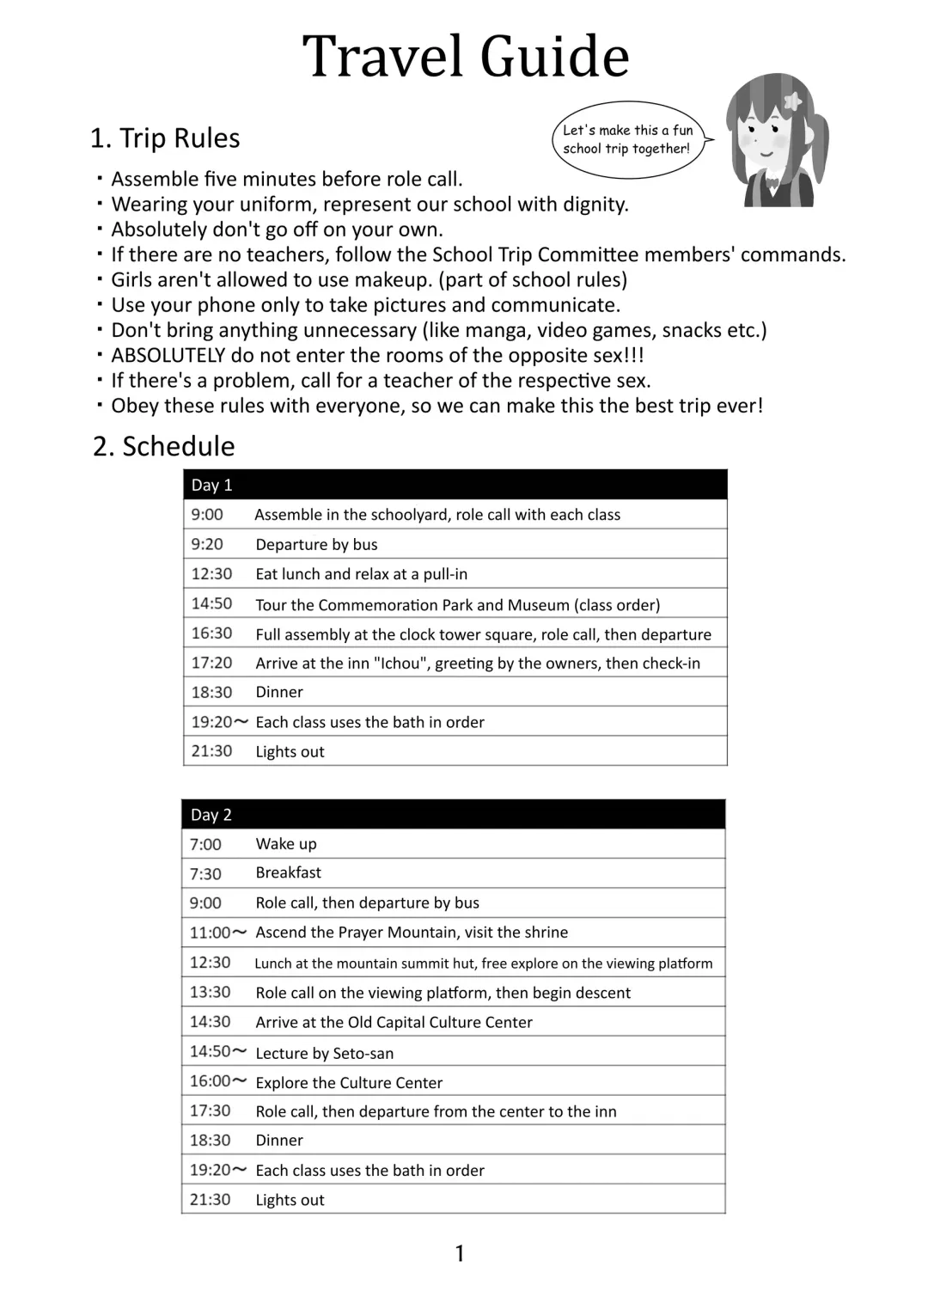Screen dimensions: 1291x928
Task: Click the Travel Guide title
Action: [466, 57]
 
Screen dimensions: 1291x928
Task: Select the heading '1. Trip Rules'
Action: [165, 138]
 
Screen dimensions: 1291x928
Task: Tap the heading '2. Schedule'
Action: [163, 446]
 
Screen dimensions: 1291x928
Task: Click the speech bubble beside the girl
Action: [626, 139]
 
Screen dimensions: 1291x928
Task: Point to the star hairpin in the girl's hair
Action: [793, 101]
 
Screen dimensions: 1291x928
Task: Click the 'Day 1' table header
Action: [212, 485]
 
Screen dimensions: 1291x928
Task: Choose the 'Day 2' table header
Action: [211, 815]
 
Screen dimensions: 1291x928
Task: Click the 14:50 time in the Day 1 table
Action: [211, 603]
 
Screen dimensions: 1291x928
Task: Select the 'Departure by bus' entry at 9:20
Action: [316, 544]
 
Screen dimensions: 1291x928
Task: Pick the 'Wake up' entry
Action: [286, 844]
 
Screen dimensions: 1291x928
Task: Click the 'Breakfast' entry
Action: [288, 872]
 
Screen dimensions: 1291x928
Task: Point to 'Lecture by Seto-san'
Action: [324, 1053]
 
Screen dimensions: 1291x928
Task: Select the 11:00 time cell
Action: [211, 933]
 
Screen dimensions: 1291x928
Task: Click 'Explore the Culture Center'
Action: [349, 1082]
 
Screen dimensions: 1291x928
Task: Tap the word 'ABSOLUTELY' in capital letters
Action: [168, 355]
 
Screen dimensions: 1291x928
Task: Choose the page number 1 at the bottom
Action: [460, 1253]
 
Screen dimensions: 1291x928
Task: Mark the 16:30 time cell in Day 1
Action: [211, 633]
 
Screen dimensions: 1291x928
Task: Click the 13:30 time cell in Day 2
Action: [210, 992]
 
